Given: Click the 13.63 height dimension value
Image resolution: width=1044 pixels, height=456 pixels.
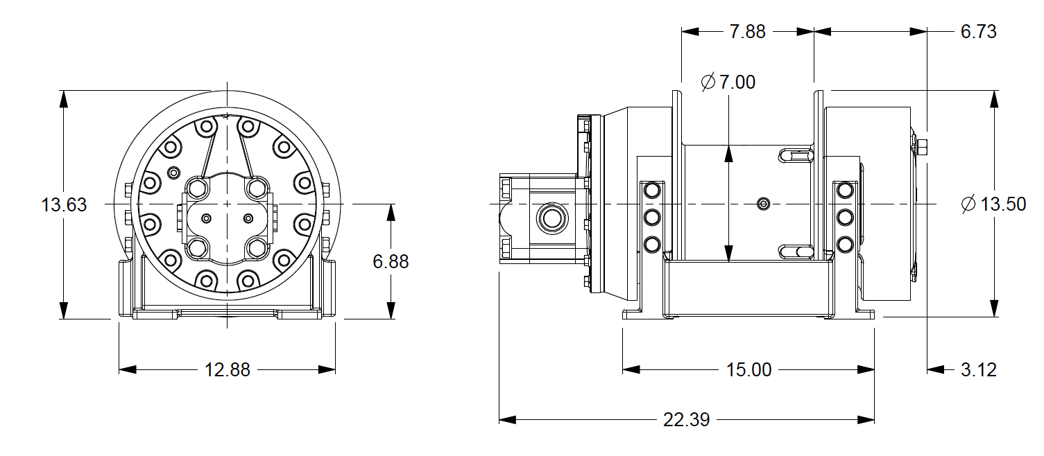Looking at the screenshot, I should coord(64,205).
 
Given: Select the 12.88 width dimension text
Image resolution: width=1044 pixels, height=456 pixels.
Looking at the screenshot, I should coord(228,370).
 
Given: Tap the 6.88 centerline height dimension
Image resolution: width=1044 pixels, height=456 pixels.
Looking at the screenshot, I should coord(391,261).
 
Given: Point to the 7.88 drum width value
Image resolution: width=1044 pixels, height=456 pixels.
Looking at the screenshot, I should coord(747,32).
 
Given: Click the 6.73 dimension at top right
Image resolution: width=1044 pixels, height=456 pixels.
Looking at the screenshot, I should coord(978,32).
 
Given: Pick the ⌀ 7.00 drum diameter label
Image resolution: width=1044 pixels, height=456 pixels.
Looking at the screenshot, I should coord(728,82).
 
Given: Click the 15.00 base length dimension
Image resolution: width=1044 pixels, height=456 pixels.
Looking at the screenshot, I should coord(748,370).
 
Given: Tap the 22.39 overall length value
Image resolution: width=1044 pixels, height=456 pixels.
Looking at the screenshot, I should coord(686,420).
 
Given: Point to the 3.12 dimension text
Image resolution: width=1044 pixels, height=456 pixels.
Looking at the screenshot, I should coord(978,370).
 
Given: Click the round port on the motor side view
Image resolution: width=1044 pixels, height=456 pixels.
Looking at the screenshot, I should coord(553,218).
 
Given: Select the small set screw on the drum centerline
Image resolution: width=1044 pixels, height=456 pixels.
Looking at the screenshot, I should coord(764,203).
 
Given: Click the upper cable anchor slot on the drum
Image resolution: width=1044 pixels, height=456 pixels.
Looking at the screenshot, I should coord(795,155).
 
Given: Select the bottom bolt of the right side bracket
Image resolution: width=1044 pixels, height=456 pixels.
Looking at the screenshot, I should coord(845,244).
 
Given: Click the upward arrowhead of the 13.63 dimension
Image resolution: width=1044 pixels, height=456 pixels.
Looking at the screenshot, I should coord(64,98).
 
